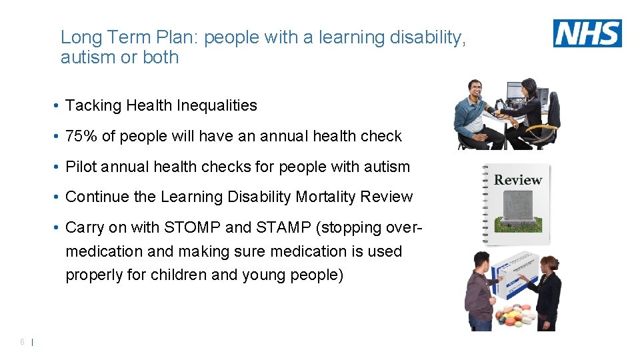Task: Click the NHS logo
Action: point(587,33)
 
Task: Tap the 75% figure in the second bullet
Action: point(81,136)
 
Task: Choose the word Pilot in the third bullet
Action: point(81,167)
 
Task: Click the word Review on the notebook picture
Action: point(518,180)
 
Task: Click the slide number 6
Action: point(22,342)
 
